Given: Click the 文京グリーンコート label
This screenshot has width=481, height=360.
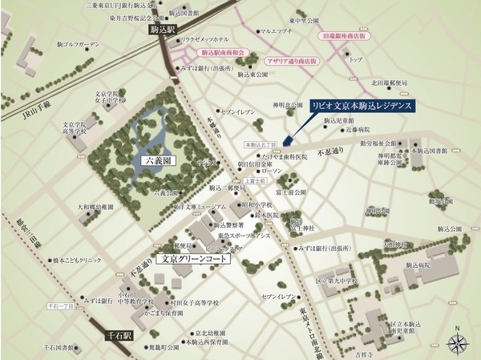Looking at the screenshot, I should [x=192, y=260].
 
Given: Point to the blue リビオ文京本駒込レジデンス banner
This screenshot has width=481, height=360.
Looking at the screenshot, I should [x=363, y=107].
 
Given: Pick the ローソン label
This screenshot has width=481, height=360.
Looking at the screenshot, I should [x=272, y=172].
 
